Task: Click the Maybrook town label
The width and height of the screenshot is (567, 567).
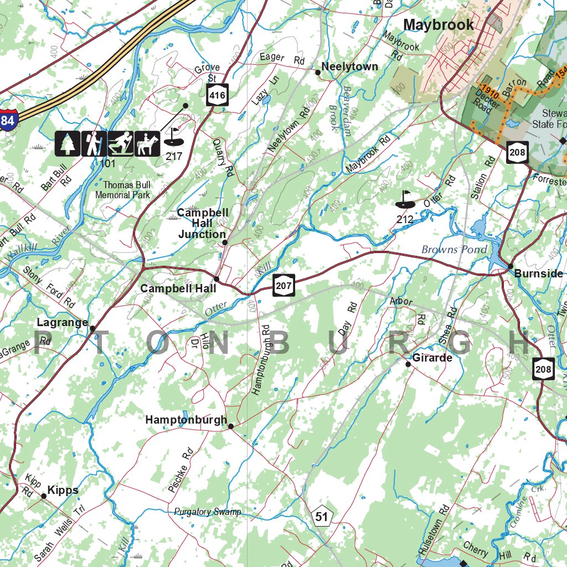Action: pos(439,25)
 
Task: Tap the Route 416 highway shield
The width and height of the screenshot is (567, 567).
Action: pos(218,96)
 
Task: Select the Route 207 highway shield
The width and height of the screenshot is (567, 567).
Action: pos(283,285)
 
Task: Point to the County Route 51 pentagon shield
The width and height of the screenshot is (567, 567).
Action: pos(322,517)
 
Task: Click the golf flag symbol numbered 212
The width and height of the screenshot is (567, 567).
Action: pos(405,200)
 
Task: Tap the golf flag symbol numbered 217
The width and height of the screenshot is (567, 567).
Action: pos(173,136)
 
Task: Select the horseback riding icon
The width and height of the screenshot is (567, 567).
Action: pos(147,143)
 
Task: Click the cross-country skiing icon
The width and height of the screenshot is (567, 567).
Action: pos(120,143)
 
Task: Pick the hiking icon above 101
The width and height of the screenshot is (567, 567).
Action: pos(94,143)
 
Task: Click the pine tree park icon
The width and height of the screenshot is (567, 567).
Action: pos(68,143)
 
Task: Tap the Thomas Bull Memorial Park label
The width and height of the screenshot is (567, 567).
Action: pos(122,190)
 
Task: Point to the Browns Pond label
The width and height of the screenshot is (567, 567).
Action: pos(455,249)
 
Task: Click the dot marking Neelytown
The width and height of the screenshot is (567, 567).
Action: pos(318,72)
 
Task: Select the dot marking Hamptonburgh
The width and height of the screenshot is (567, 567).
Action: pos(231,426)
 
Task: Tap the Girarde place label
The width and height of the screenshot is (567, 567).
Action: pos(432,358)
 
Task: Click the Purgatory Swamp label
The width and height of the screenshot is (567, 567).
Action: pos(208,512)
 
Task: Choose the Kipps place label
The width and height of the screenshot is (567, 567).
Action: pos(63,490)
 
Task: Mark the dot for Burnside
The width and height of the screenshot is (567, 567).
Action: pos(510,266)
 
